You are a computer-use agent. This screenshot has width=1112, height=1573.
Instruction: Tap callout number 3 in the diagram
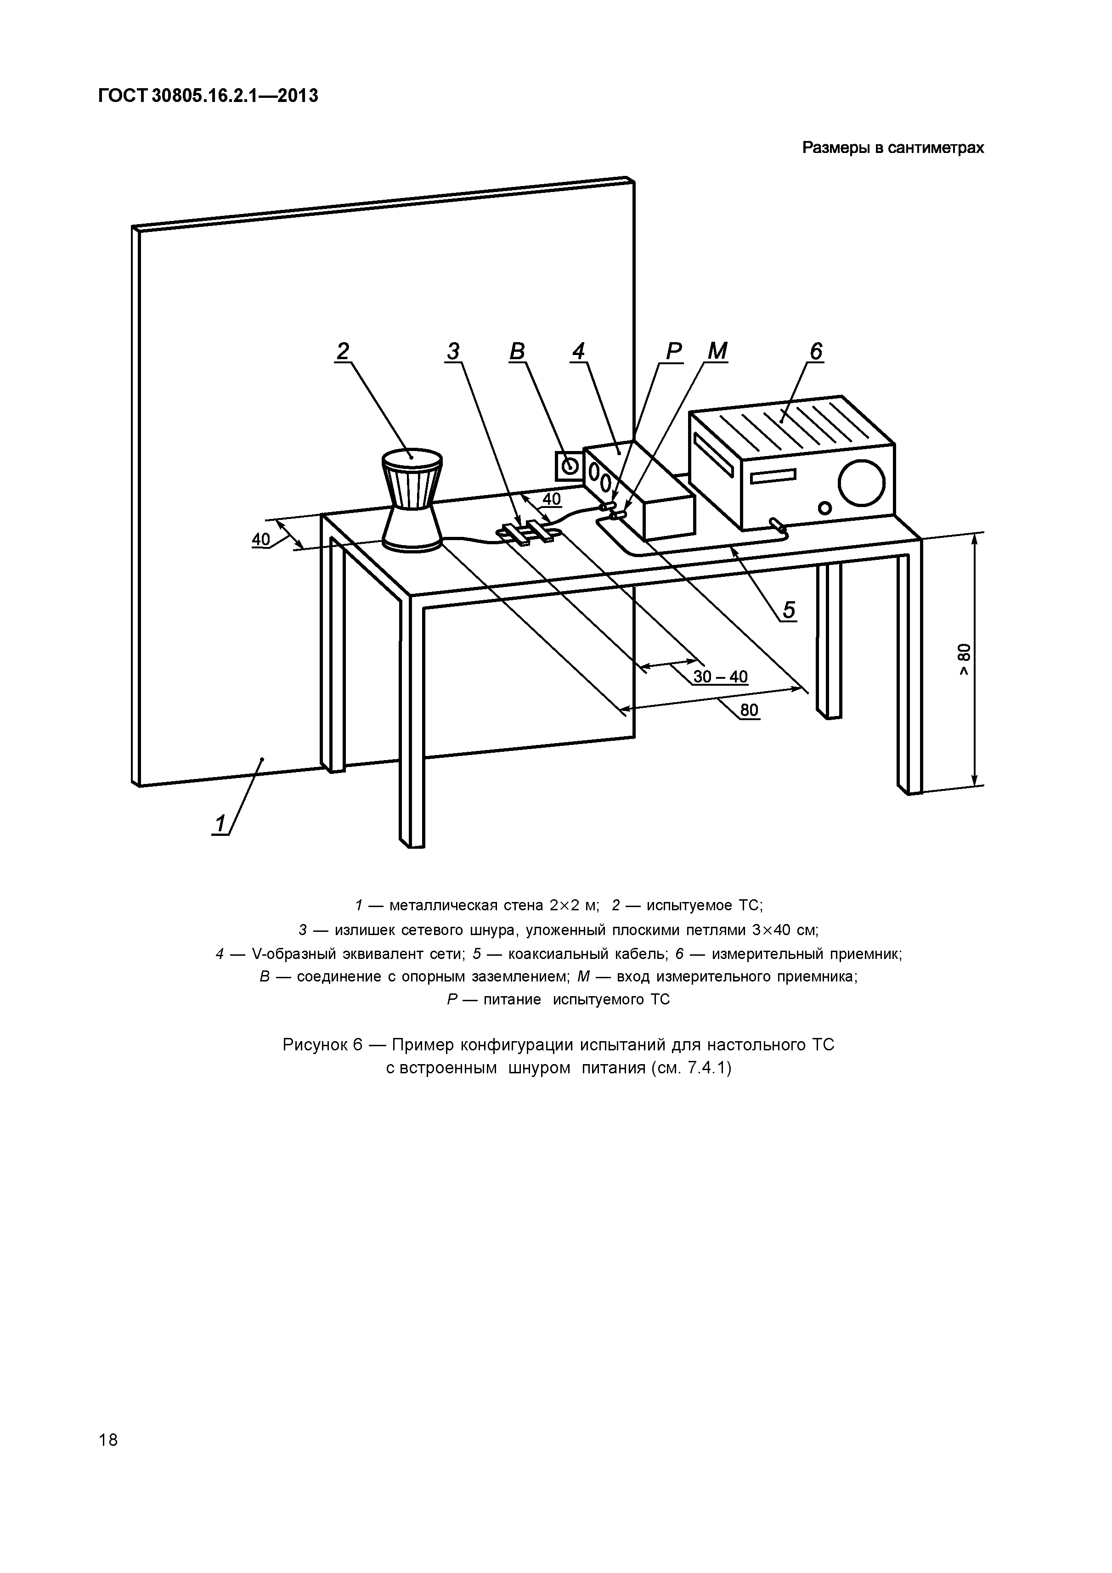(453, 351)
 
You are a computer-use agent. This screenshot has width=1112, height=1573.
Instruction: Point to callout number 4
(579, 351)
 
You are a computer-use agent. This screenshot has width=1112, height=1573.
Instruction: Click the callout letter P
(674, 351)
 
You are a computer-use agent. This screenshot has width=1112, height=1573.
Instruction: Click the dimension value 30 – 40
(720, 677)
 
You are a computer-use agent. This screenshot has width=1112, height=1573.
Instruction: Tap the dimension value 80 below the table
(750, 710)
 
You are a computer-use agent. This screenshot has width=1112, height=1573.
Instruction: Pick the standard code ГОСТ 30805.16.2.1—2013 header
(208, 96)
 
